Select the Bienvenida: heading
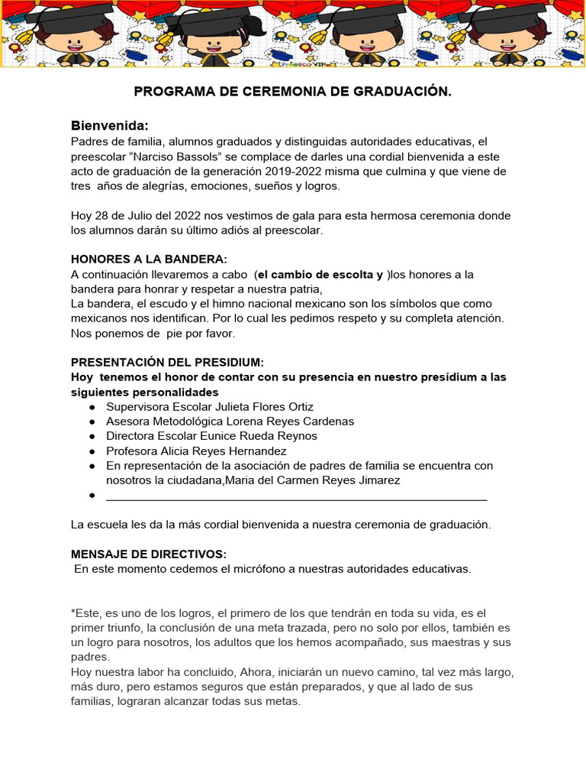click(x=109, y=125)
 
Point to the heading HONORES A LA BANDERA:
click(x=149, y=259)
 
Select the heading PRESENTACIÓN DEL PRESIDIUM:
click(x=167, y=362)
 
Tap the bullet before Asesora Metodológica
click(x=92, y=422)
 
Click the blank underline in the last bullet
click(x=296, y=496)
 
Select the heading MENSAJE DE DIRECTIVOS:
click(x=148, y=554)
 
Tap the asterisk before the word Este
click(x=73, y=612)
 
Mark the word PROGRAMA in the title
click(x=172, y=92)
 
